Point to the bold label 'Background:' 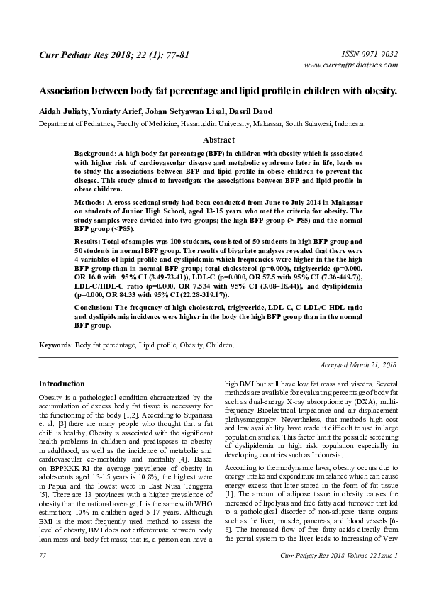(x=99, y=154)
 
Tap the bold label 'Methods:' (x=91, y=203)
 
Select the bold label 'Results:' (x=90, y=242)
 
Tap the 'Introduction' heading (x=62, y=383)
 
